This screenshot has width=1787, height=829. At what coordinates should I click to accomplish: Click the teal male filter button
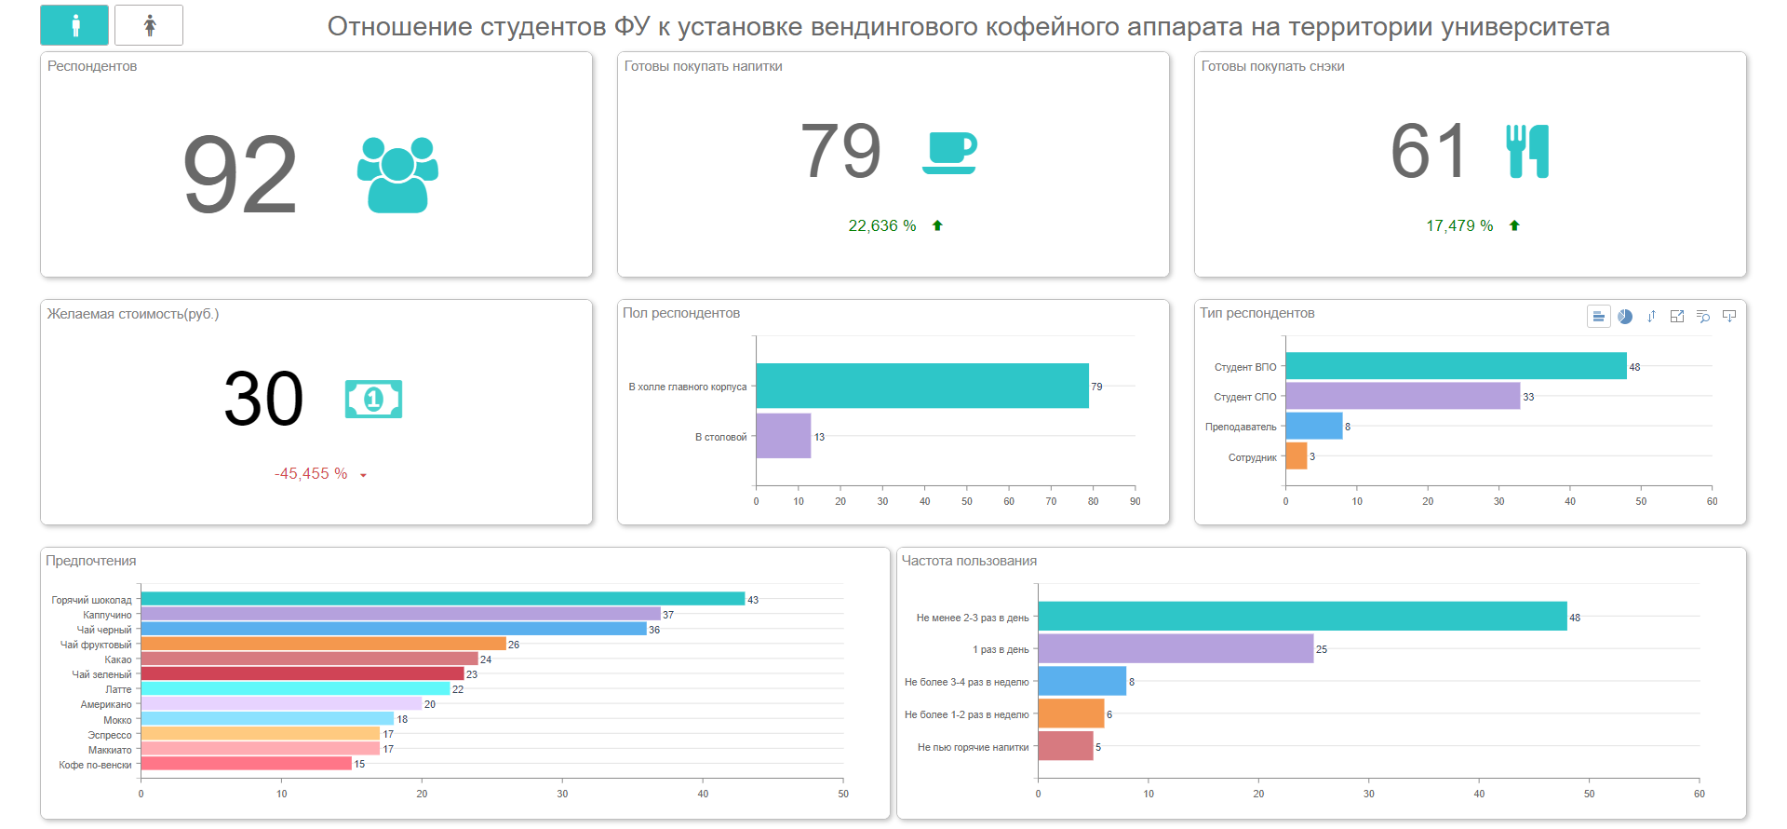pyautogui.click(x=74, y=25)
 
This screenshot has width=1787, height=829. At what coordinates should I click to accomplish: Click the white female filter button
pyautogui.click(x=149, y=25)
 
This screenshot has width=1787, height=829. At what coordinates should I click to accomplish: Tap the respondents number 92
pyautogui.click(x=240, y=174)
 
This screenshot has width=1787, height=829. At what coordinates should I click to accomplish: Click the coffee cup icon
pyautogui.click(x=949, y=152)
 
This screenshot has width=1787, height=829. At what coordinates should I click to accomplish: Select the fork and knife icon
pyautogui.click(x=1527, y=151)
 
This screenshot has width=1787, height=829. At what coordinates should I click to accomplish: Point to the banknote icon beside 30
pyautogui.click(x=373, y=400)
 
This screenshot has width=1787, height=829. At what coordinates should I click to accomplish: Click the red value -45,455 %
pyautogui.click(x=311, y=474)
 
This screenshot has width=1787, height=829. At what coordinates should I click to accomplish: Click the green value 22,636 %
pyautogui.click(x=882, y=226)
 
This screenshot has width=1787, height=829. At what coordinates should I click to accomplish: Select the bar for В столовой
pyautogui.click(x=783, y=436)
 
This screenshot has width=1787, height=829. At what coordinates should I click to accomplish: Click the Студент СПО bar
pyautogui.click(x=1403, y=396)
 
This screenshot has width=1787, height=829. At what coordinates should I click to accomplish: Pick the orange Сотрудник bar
pyautogui.click(x=1297, y=456)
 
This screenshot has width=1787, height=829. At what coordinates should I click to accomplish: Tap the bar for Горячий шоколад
pyautogui.click(x=442, y=599)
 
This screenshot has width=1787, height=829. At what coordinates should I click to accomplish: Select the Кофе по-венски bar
pyautogui.click(x=246, y=764)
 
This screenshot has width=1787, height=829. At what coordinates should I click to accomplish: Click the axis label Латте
pyautogui.click(x=118, y=689)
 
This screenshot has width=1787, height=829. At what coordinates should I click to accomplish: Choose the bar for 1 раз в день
pyautogui.click(x=1176, y=648)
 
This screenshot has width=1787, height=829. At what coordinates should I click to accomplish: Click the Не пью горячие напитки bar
pyautogui.click(x=1066, y=746)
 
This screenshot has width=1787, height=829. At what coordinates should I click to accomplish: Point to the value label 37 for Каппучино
pyautogui.click(x=668, y=615)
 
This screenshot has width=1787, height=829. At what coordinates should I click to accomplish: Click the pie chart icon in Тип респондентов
pyautogui.click(x=1625, y=317)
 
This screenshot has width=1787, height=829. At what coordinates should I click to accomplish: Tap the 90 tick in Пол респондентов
pyautogui.click(x=1135, y=501)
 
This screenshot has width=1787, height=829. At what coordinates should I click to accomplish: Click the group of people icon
pyautogui.click(x=397, y=174)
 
